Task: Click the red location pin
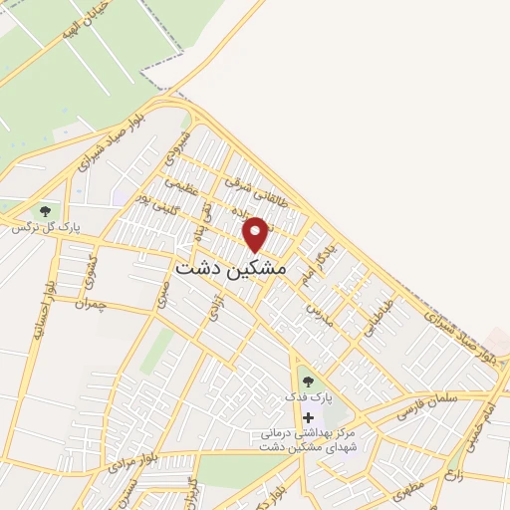pyautogui.click(x=256, y=234)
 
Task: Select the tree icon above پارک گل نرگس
pyautogui.click(x=44, y=211)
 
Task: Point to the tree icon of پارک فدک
pyautogui.click(x=308, y=381)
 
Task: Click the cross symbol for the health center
pyautogui.click(x=308, y=416)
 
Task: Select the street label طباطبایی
pyautogui.click(x=378, y=318)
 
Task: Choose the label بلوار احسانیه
pyautogui.click(x=40, y=305)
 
